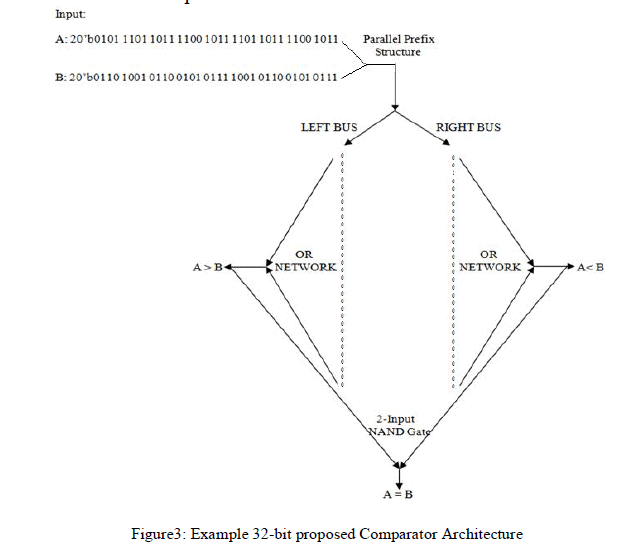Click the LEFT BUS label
tap(329, 128)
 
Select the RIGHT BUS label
tap(468, 128)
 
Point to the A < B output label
tap(590, 267)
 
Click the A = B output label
tap(400, 493)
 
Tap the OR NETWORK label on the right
tap(490, 261)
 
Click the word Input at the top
tap(70, 15)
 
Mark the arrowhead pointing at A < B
tap(566, 267)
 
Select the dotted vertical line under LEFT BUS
tap(343, 270)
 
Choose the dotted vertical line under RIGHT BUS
tap(455, 270)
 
